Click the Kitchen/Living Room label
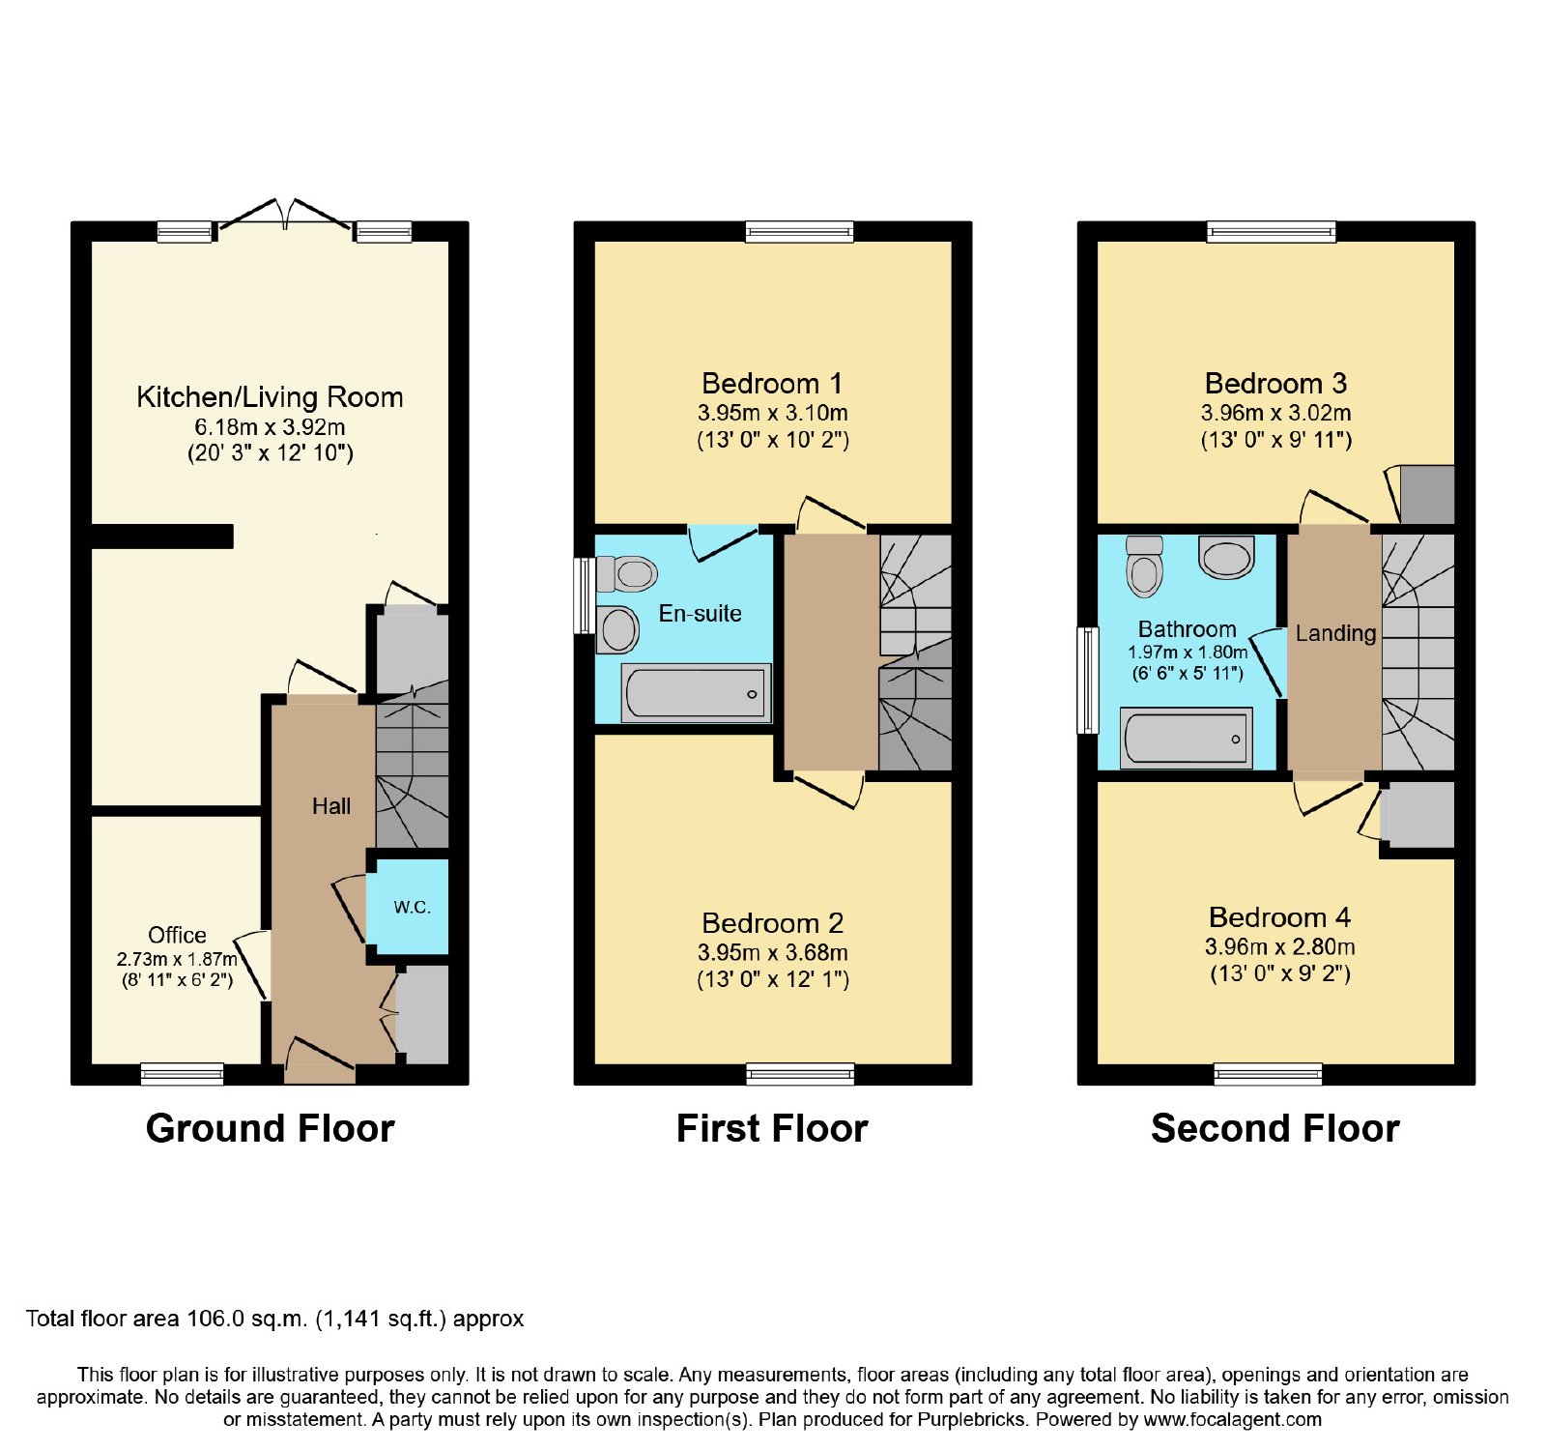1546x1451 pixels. pos(270,397)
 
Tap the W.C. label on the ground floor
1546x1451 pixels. pos(412,908)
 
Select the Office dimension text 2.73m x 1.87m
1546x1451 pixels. pos(177,959)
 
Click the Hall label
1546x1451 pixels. pos(331,806)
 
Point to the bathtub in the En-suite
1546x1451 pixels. pos(696,692)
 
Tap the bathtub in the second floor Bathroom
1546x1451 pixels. pos(1186,738)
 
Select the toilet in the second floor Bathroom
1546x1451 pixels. pos(1144,566)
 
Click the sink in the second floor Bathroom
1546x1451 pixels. pos(1226,558)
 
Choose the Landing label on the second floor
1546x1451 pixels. pos(1335,634)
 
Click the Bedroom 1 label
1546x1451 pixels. pos(772,384)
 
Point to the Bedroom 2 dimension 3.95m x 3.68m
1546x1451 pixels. pos(773,953)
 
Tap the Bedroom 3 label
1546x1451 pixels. pos(1275,384)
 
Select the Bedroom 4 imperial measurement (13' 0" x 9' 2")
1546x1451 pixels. pos(1280,973)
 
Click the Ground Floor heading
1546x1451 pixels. pos(271,1128)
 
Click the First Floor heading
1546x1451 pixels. pos(772,1128)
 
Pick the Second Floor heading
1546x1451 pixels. pos(1275,1128)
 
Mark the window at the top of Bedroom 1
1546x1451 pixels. pos(800,231)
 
